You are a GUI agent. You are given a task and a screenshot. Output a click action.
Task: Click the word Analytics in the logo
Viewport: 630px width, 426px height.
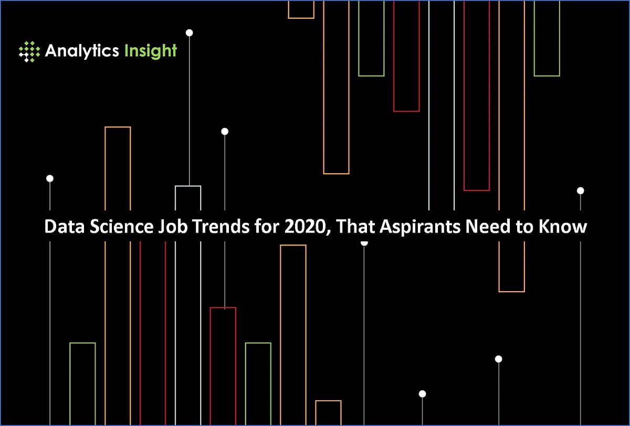pos(82,51)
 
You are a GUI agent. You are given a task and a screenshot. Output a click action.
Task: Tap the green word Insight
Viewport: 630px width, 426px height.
pos(151,51)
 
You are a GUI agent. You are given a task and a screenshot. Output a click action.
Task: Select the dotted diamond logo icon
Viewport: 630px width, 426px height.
pos(29,51)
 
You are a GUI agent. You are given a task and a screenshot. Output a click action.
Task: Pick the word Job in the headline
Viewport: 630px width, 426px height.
pos(157,228)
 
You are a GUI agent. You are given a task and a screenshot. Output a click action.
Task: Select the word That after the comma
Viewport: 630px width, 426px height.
pos(352,228)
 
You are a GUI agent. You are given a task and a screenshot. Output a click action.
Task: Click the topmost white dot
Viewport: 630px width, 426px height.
pos(190,33)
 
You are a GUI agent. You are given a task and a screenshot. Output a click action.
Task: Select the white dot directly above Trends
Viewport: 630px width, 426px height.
pos(225,131)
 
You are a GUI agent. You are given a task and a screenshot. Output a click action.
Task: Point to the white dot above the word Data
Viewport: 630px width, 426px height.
pos(50,178)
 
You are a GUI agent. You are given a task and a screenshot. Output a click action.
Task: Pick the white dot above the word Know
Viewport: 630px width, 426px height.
pos(580,190)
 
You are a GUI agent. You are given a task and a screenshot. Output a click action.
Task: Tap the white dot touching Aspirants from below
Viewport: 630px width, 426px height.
pos(364,242)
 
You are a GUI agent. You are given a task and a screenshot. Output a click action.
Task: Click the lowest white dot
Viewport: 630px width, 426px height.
pos(422,393)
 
